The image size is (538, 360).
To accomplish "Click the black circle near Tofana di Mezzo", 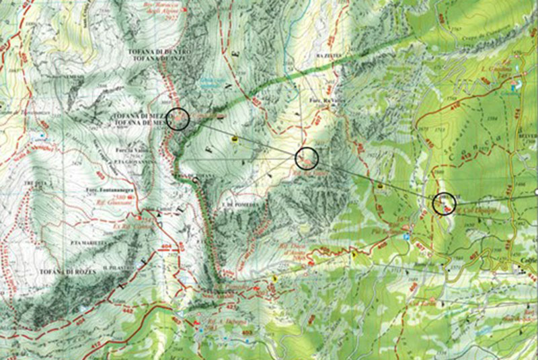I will (x=178, y=119).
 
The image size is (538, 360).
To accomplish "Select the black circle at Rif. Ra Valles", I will (x=306, y=157).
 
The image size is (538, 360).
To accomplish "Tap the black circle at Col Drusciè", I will (x=444, y=203).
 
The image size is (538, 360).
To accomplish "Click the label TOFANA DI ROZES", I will (x=50, y=271).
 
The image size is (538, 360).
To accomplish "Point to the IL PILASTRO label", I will (x=118, y=267).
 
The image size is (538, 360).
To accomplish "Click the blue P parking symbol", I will (x=406, y=237).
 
